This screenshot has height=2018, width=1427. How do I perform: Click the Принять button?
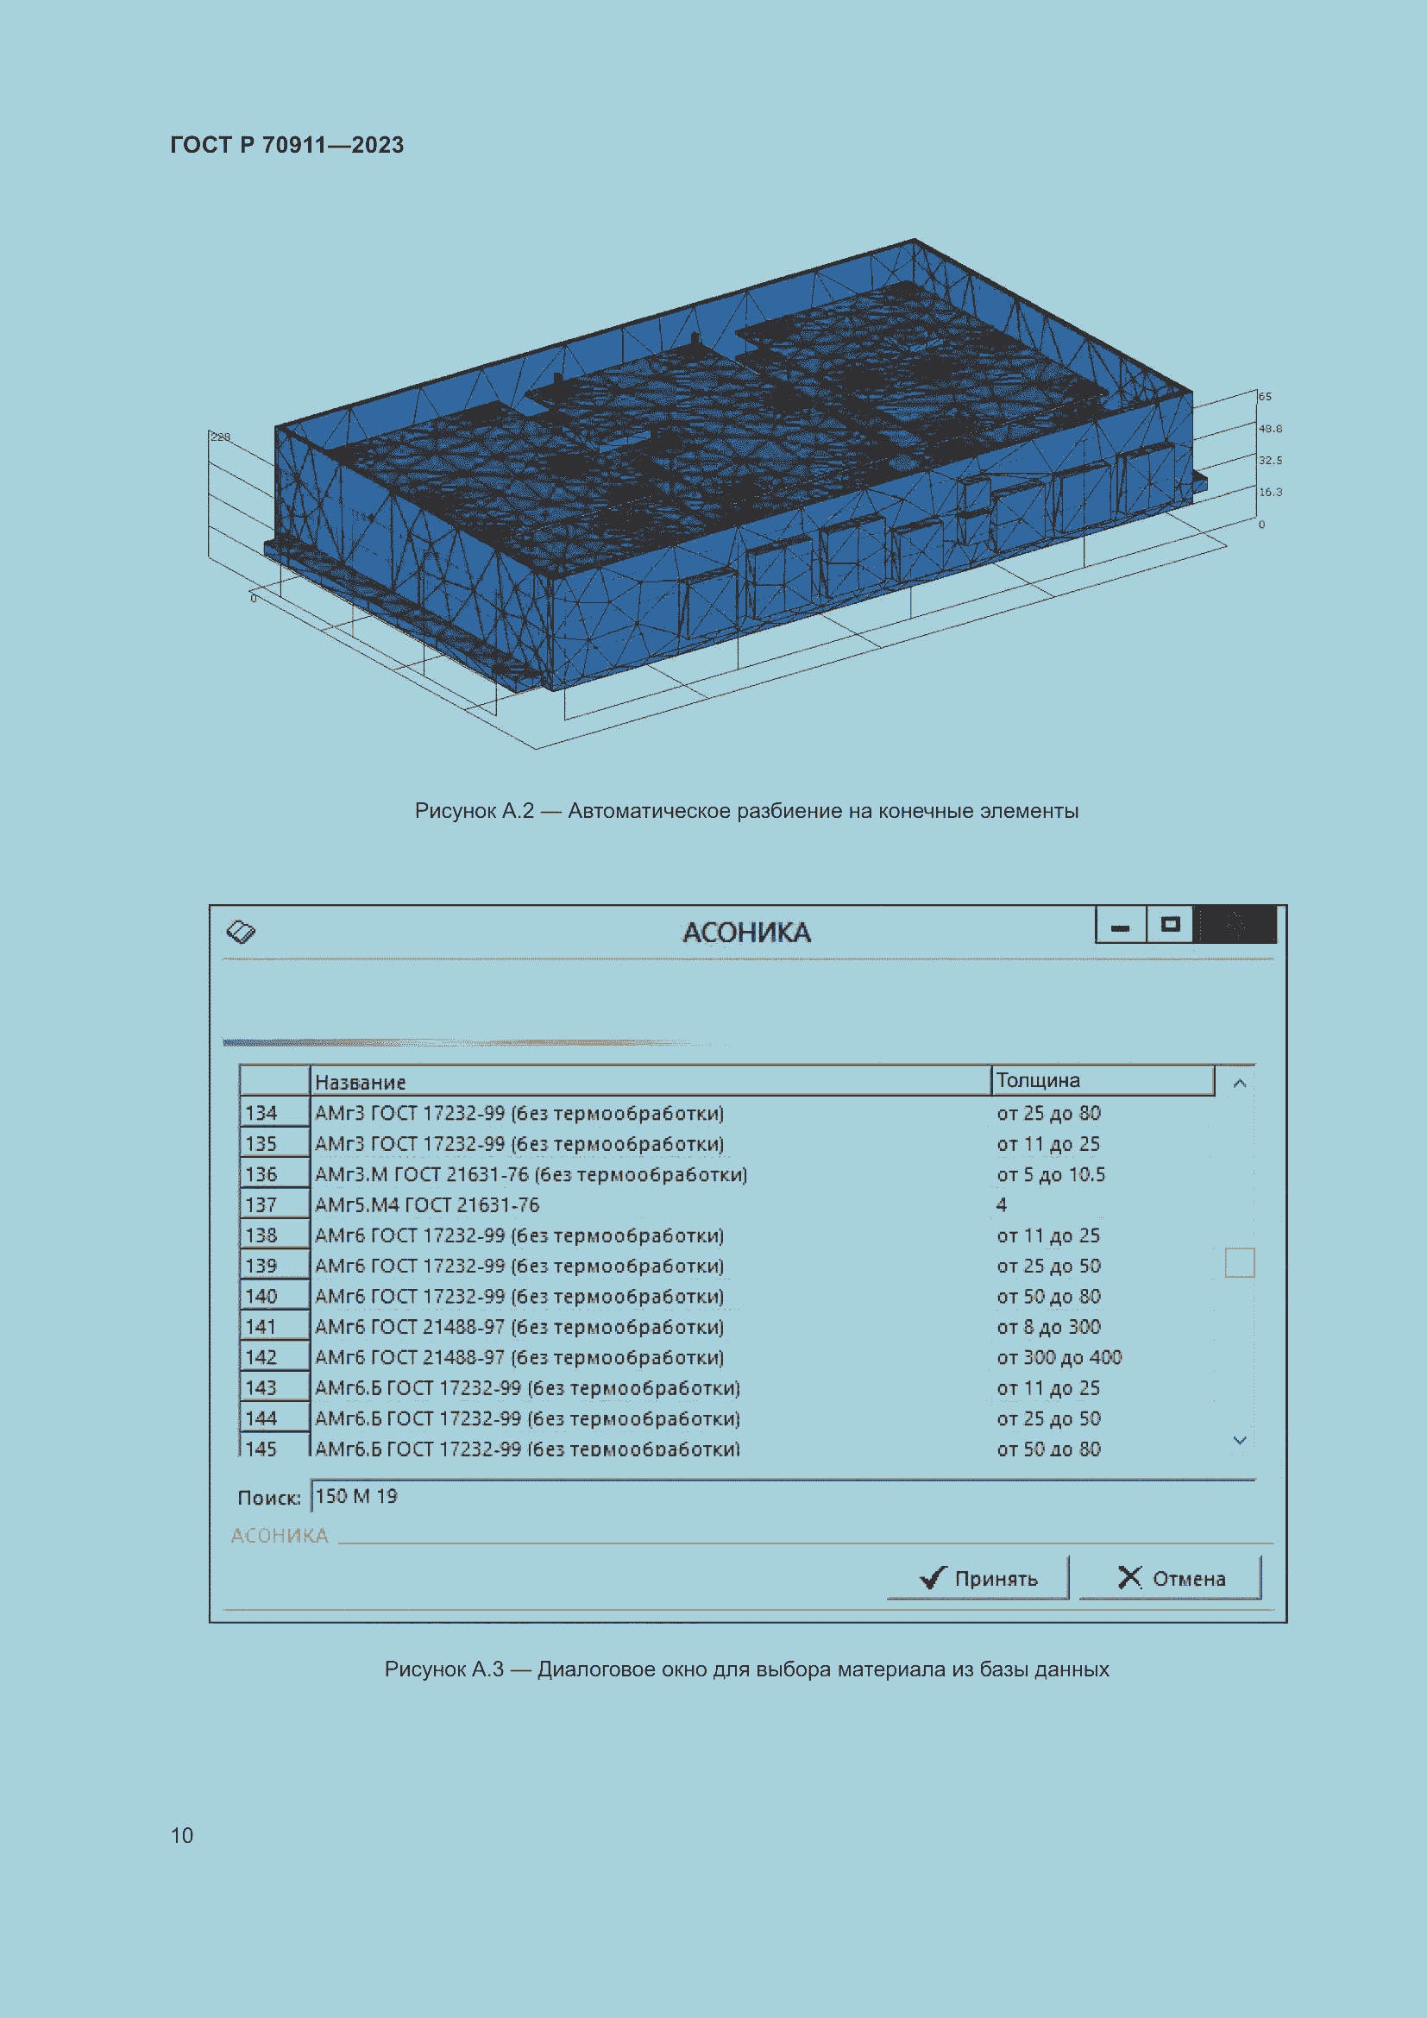pyautogui.click(x=978, y=1578)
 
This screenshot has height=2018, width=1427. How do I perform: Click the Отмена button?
pyautogui.click(x=1171, y=1578)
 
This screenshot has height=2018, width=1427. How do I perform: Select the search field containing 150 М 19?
pyautogui.click(x=782, y=1496)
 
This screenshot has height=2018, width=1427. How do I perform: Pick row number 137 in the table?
pyautogui.click(x=261, y=1205)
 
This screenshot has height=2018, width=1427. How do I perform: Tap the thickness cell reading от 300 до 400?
pyautogui.click(x=1059, y=1357)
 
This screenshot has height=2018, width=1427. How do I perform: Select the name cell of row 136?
pyautogui.click(x=531, y=1174)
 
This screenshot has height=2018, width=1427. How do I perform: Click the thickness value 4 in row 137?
pyautogui.click(x=1002, y=1205)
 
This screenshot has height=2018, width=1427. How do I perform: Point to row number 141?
pyautogui.click(x=261, y=1326)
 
